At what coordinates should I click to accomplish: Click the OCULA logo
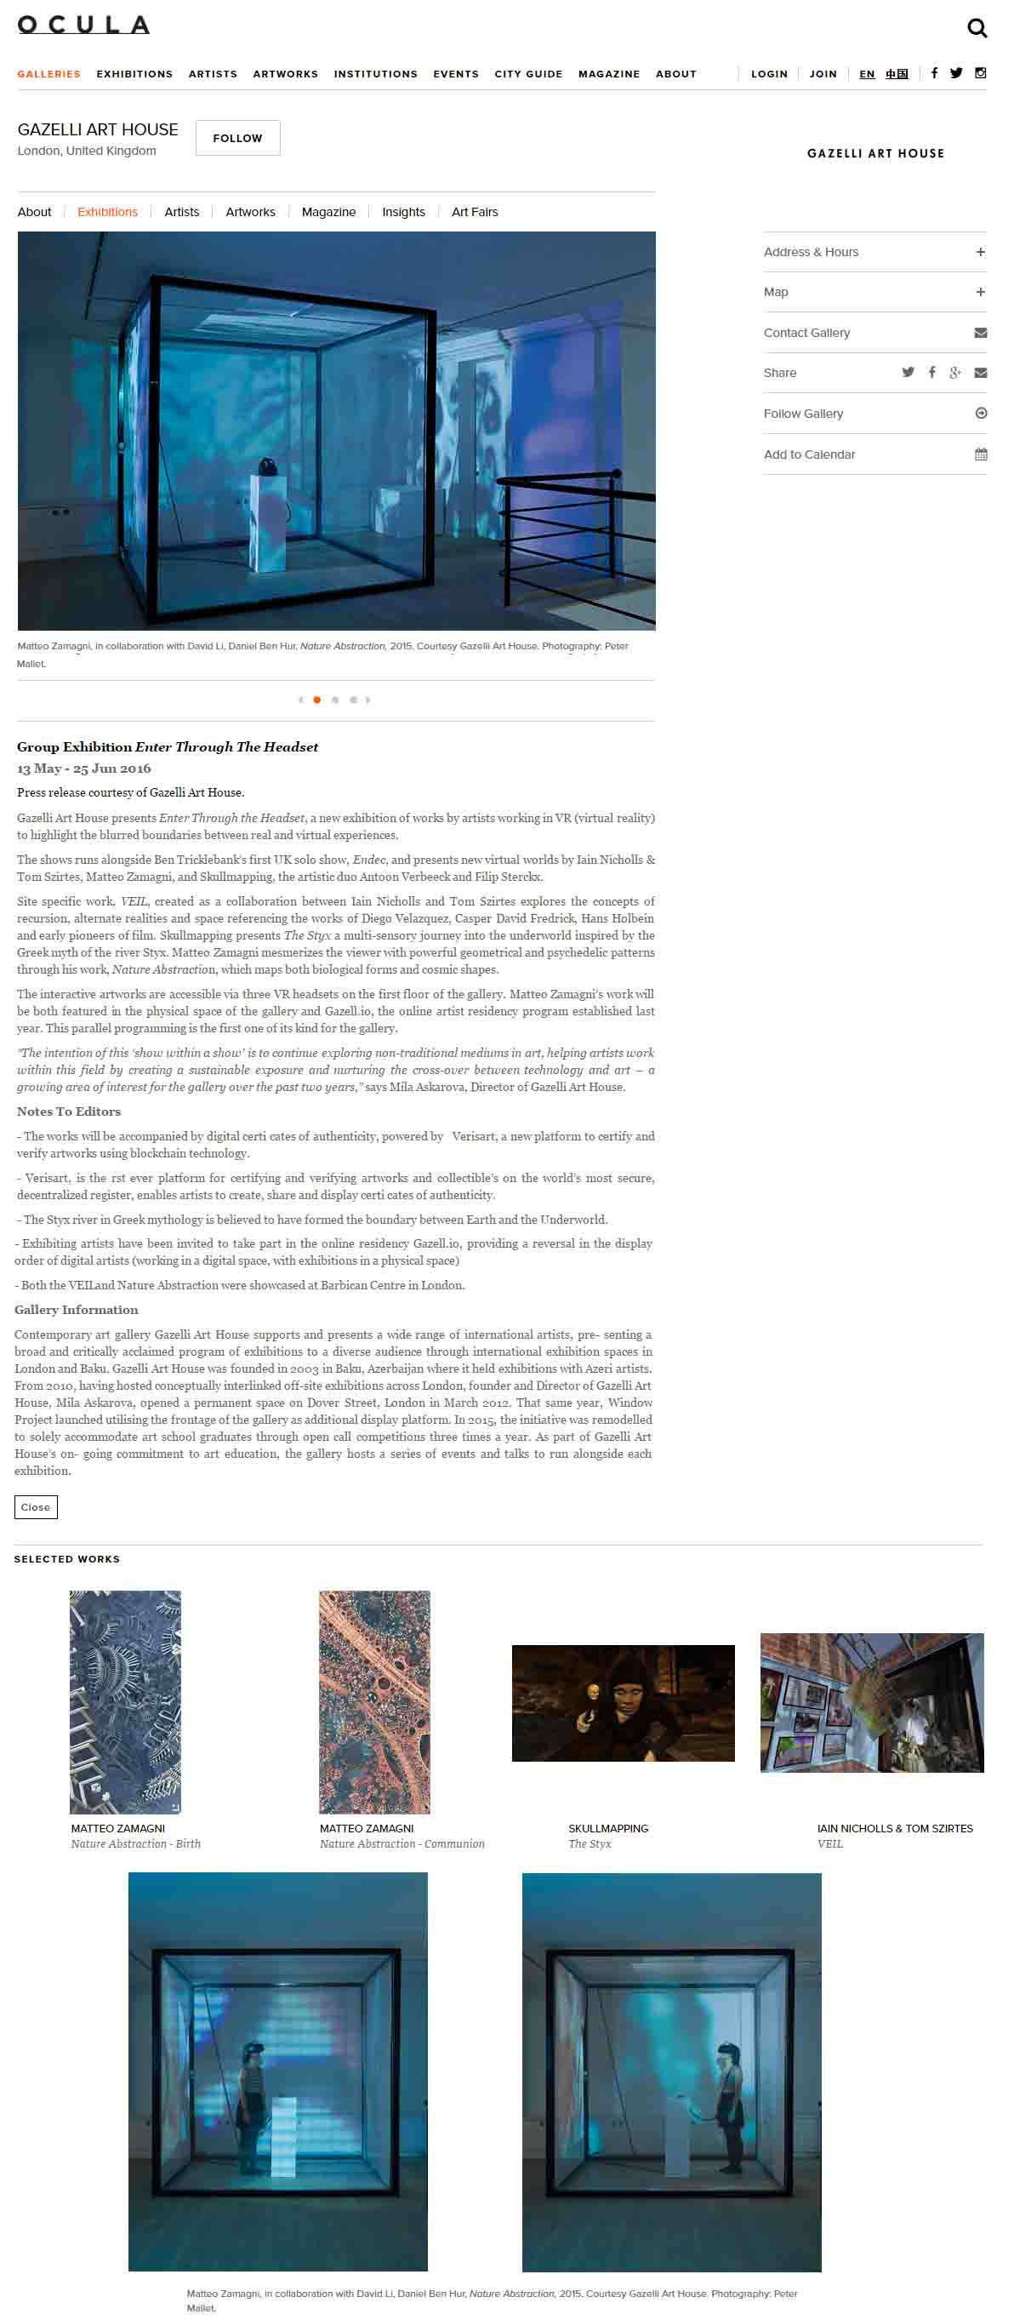click(x=83, y=26)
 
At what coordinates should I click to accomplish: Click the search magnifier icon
click(x=977, y=28)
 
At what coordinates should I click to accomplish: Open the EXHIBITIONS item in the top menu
click(x=134, y=74)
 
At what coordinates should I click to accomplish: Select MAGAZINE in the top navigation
click(x=609, y=74)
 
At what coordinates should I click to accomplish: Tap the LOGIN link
click(x=769, y=74)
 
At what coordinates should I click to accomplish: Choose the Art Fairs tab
click(x=475, y=212)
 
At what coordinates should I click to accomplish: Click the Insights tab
click(x=403, y=212)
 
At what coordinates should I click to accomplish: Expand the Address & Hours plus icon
click(x=981, y=252)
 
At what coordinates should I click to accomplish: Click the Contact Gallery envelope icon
click(x=981, y=332)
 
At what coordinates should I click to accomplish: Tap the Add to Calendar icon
click(x=981, y=454)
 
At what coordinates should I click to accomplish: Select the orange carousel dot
click(x=317, y=700)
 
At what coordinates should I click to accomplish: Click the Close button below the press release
click(x=36, y=1506)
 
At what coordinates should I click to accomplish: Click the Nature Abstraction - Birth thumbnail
click(x=125, y=1701)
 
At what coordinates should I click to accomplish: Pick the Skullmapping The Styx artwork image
click(x=624, y=1702)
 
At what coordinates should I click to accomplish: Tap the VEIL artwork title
click(x=830, y=1843)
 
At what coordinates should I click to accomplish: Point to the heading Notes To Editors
click(x=68, y=1111)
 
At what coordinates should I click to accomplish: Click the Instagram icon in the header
click(x=981, y=73)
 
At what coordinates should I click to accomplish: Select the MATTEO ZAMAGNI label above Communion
click(x=367, y=1828)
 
